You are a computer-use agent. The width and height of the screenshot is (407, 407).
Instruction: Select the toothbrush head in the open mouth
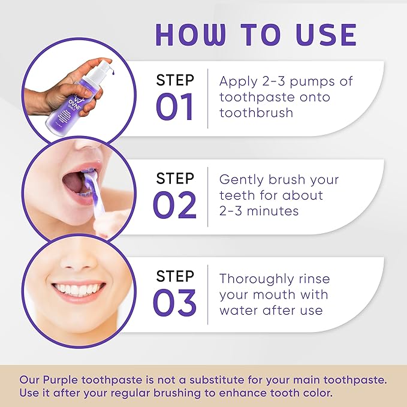(90, 178)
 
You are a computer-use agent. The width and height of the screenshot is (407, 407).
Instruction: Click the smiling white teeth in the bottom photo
(78, 290)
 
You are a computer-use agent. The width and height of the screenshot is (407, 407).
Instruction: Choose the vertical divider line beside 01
(208, 98)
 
